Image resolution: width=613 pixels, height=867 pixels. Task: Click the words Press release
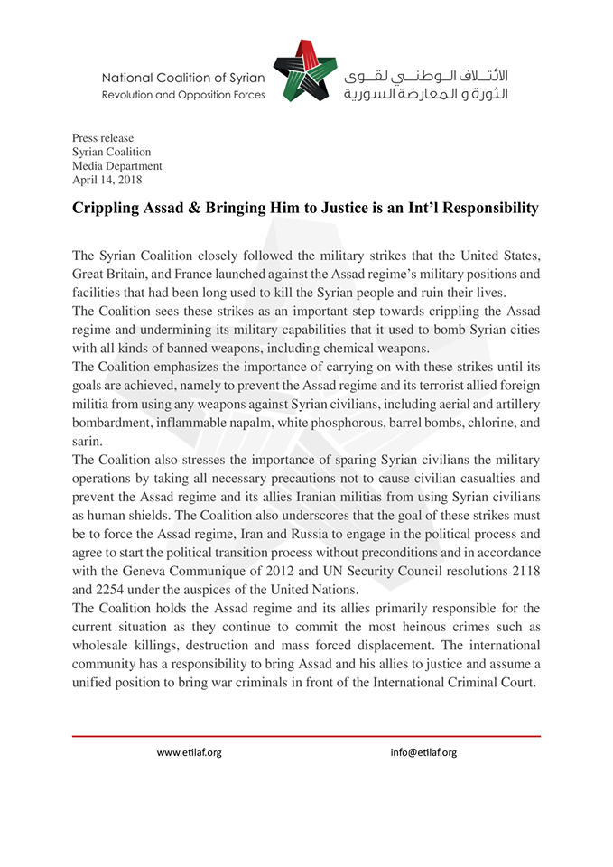click(x=103, y=138)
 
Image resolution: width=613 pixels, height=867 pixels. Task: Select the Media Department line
click(x=117, y=166)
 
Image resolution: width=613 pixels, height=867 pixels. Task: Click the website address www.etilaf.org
click(x=189, y=752)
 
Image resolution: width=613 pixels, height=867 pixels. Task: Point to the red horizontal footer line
click(x=306, y=736)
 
